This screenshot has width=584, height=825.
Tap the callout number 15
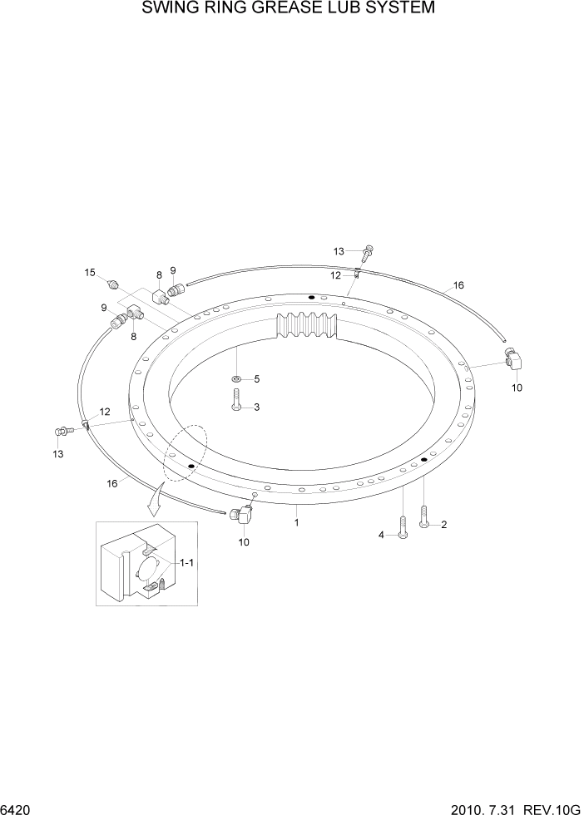point(90,272)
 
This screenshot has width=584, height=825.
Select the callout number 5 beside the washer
point(257,379)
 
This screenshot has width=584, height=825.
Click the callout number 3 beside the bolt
point(257,407)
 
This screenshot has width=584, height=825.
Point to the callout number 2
point(444,524)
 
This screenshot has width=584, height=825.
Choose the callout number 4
point(382,536)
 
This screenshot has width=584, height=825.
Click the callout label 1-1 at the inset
point(186,563)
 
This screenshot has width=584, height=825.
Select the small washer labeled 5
point(237,380)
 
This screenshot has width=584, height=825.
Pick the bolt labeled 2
point(424,516)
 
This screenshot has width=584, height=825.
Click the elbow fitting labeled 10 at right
point(512,360)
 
